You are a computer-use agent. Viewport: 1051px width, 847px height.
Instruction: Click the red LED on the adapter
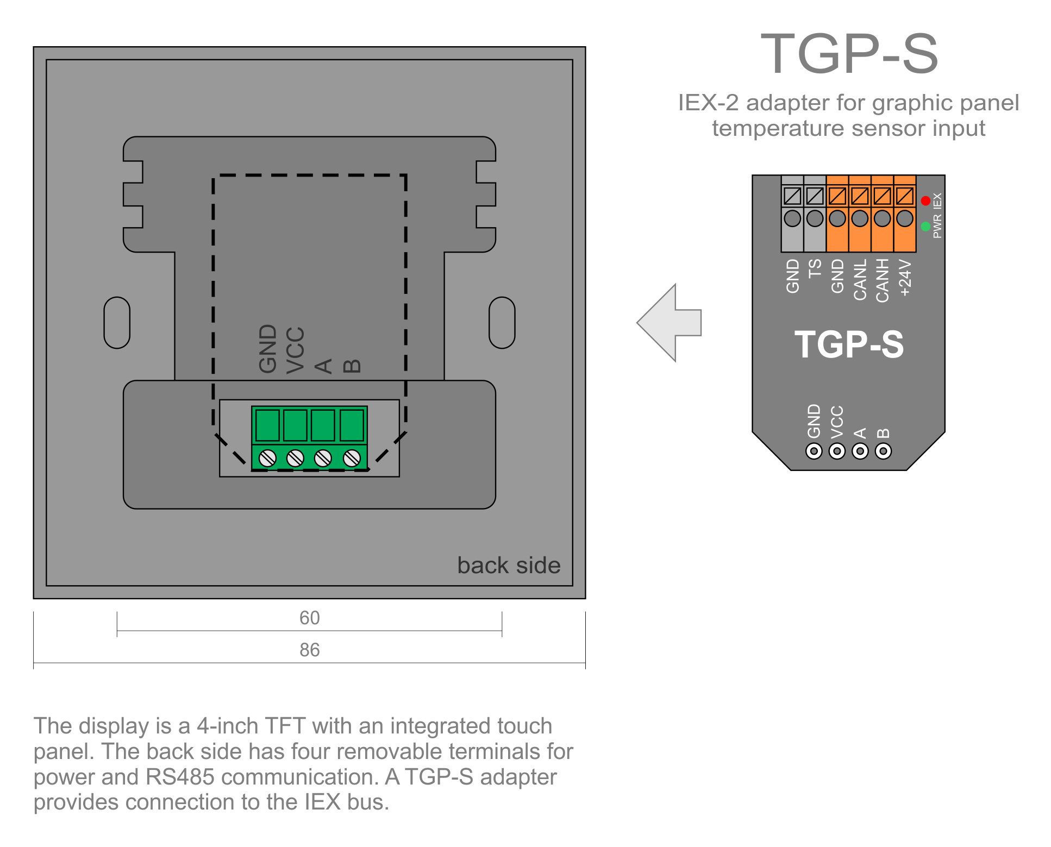925,201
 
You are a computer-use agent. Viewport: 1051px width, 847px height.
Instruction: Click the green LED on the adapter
925,226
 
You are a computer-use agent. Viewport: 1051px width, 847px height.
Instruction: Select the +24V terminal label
905,277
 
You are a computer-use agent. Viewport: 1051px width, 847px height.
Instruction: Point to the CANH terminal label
882,280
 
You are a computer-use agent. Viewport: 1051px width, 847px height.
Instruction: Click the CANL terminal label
860,279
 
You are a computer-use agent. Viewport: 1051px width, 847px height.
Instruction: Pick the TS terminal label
815,268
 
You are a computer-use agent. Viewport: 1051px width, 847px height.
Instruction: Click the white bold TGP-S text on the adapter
849,344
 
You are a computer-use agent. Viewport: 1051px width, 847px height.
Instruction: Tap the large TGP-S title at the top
849,54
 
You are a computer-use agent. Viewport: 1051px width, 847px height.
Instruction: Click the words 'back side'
509,566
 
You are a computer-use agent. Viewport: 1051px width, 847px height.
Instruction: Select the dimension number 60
309,618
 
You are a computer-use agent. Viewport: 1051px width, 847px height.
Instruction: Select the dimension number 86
309,650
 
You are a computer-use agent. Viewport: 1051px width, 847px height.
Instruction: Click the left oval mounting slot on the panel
117,323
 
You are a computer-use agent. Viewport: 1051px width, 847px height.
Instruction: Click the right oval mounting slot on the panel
502,323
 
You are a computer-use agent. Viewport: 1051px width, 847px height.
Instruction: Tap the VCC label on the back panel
295,350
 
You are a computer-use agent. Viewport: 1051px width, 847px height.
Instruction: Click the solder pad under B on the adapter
883,451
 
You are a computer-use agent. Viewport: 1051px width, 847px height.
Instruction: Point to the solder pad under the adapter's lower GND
814,451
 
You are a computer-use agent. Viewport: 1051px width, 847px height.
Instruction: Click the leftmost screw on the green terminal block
267,458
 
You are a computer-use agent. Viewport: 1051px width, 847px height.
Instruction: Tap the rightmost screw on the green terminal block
352,458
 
